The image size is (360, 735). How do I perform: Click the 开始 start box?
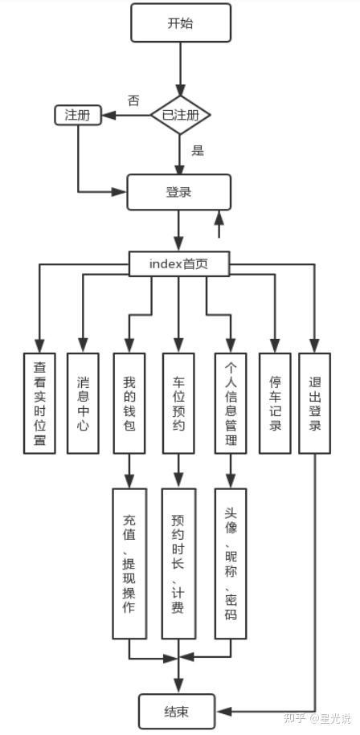tap(181, 22)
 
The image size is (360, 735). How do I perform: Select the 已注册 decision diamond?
tap(181, 115)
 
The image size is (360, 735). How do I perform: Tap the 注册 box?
tap(78, 115)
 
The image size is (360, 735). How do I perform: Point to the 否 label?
tap(133, 101)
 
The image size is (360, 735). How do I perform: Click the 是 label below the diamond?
tap(198, 151)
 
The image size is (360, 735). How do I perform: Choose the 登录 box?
tap(179, 192)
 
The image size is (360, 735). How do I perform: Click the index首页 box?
tap(179, 264)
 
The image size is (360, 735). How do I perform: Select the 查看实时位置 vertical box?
tap(39, 403)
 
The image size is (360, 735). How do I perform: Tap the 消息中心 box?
tap(83, 403)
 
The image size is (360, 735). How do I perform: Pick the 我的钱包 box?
tap(129, 403)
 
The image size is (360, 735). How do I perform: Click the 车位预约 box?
tap(178, 403)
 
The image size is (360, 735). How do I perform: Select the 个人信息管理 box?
tap(231, 403)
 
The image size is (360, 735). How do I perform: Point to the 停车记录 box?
tap(275, 403)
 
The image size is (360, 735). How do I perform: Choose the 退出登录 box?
tap(314, 403)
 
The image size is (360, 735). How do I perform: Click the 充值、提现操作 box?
tap(129, 563)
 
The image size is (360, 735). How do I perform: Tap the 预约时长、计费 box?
tap(178, 563)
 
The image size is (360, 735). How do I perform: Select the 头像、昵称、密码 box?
tap(231, 563)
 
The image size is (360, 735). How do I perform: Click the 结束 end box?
tap(177, 712)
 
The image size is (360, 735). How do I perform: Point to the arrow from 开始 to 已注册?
tap(181, 69)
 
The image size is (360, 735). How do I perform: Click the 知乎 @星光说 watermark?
tap(318, 717)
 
